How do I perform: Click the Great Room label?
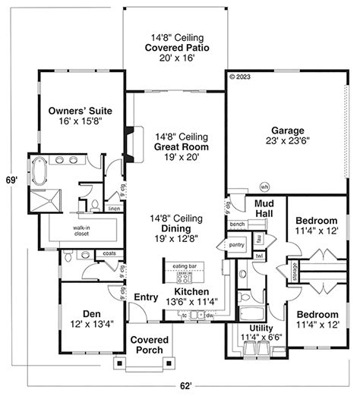181,146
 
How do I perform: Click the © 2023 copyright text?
240,77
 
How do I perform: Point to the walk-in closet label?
84,231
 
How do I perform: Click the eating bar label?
185,266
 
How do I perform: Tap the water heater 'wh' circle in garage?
265,187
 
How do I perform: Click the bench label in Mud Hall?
237,225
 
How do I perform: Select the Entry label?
145,297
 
